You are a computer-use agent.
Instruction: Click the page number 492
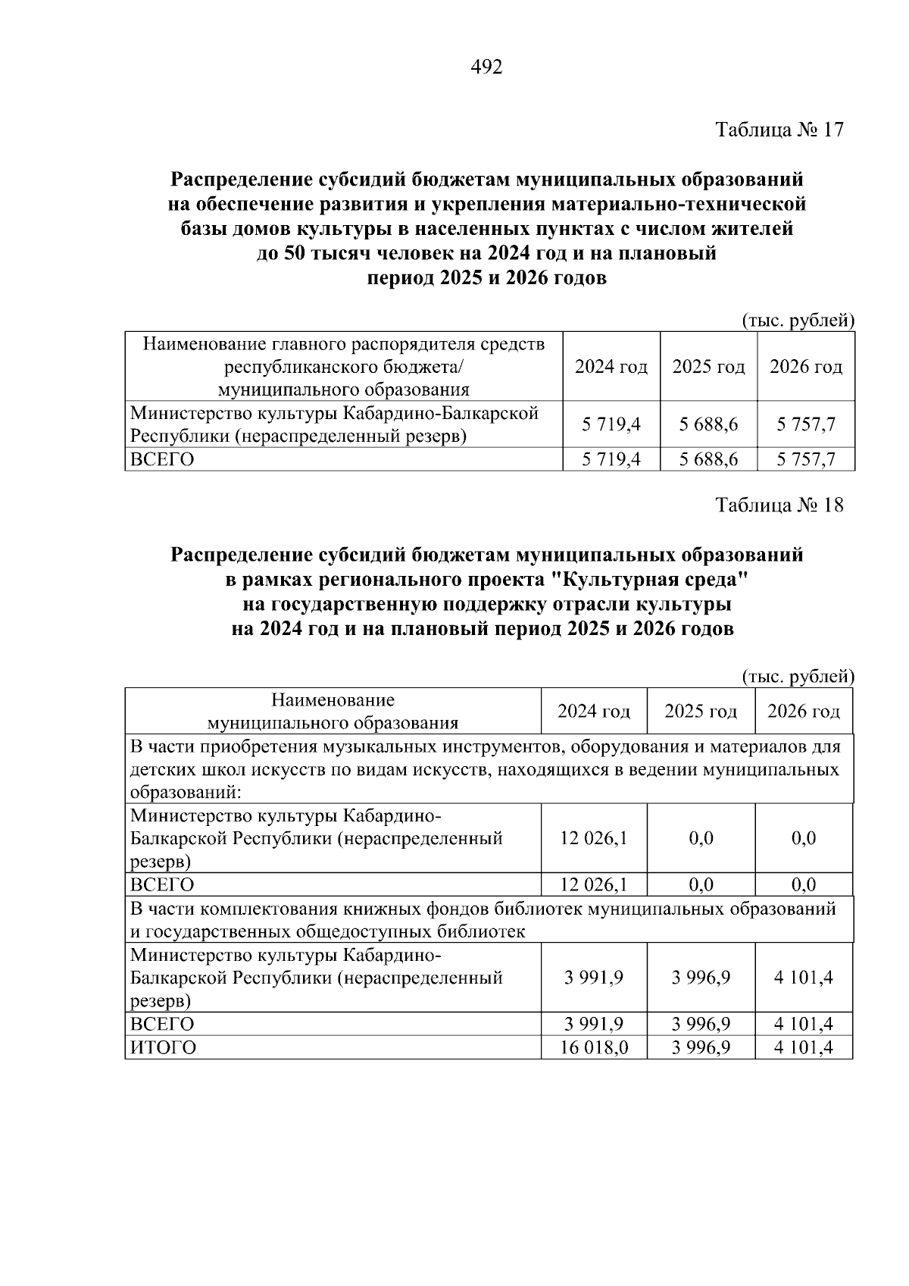[486, 67]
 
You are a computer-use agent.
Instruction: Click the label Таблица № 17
[779, 130]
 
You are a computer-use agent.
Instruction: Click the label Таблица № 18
[779, 505]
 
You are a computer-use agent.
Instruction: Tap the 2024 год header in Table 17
[611, 368]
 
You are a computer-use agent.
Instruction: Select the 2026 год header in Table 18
[803, 712]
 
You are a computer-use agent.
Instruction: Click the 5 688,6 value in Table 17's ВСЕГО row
[708, 459]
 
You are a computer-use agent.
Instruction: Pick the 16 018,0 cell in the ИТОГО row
[594, 1048]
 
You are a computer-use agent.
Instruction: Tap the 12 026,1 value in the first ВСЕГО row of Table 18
[594, 884]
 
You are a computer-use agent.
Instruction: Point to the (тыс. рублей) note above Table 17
[797, 321]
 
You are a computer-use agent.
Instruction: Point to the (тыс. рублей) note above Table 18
[797, 676]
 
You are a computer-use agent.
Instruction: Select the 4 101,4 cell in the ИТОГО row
[803, 1048]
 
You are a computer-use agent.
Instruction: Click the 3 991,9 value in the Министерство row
[594, 978]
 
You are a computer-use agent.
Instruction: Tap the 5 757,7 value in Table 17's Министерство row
[805, 424]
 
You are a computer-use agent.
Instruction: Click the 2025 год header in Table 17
[708, 368]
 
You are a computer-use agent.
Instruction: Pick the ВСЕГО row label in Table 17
[162, 459]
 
